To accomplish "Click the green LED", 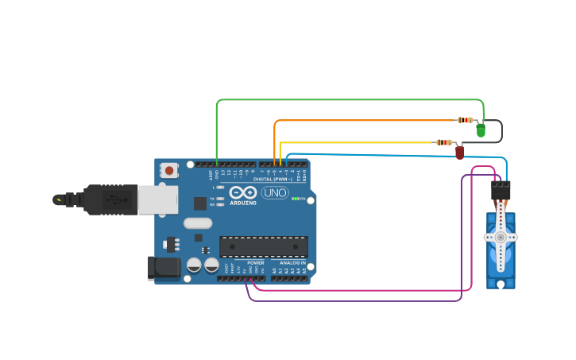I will [481, 130].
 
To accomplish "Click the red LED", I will [459, 151].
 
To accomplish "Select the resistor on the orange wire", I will [465, 120].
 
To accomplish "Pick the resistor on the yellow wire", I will [443, 142].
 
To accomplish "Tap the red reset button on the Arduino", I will [169, 169].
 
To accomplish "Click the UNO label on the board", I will [275, 192].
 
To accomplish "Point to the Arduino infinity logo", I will [242, 192].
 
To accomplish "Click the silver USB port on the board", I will [157, 199].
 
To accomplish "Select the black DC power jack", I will [164, 267].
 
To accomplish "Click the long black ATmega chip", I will [264, 246].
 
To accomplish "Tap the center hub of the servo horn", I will [501, 237].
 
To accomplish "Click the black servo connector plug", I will [501, 191].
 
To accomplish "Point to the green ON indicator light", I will [296, 199].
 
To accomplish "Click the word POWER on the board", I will [255, 263].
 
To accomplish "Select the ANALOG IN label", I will [292, 263].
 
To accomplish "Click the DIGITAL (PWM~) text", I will [269, 179].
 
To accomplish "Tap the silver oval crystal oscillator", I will [198, 223].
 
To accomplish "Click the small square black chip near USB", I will [199, 203].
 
